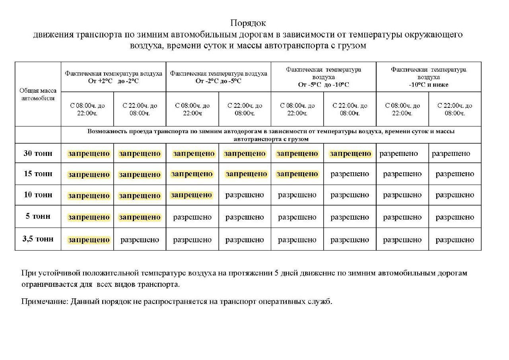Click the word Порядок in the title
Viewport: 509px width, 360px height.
tap(248, 23)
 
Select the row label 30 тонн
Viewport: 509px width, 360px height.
tap(38, 153)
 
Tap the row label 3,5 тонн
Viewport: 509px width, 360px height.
tap(38, 239)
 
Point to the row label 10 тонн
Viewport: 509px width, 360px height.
tap(38, 195)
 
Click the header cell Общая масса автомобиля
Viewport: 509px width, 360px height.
tap(38, 94)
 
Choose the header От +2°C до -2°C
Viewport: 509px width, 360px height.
tap(113, 81)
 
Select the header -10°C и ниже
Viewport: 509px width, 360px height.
tap(428, 84)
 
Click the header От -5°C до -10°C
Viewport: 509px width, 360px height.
tap(323, 84)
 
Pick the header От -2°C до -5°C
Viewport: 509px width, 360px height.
tap(218, 81)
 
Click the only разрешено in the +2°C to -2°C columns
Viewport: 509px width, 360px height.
tap(140, 240)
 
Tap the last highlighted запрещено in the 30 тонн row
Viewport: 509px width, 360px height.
tap(350, 154)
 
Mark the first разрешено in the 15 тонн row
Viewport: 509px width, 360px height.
tap(350, 174)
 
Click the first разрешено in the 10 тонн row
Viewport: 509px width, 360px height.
tap(245, 195)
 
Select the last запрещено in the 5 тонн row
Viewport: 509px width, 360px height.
tap(140, 217)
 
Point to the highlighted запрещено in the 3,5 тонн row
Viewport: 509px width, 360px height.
tap(89, 240)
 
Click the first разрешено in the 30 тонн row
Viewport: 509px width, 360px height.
tap(398, 154)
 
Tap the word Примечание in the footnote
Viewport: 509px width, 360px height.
tap(44, 301)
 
